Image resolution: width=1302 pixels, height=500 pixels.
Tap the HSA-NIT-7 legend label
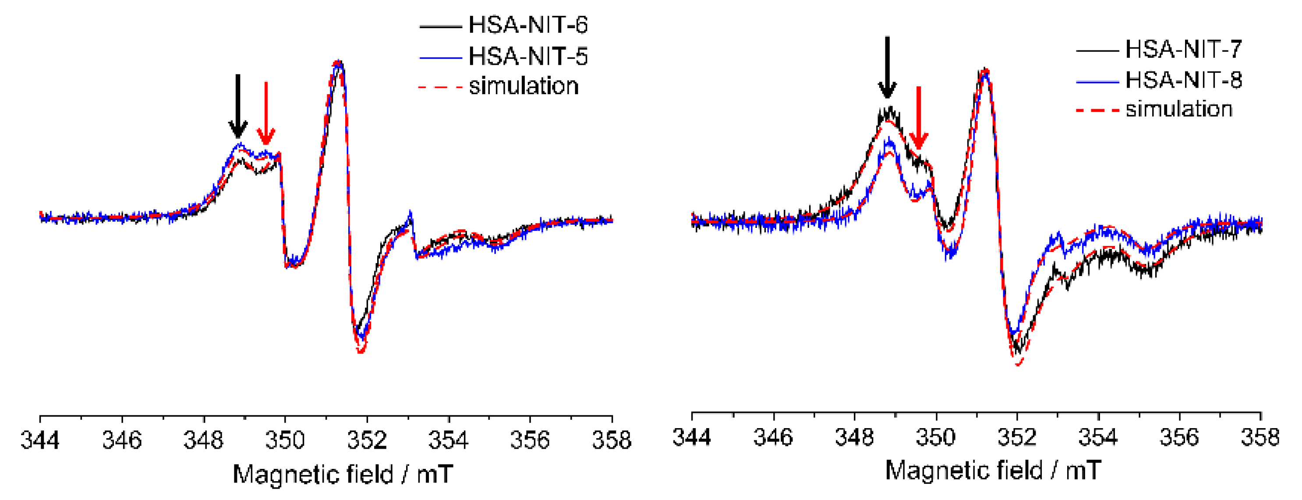pyautogui.click(x=1183, y=49)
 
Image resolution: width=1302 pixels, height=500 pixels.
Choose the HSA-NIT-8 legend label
pyautogui.click(x=1183, y=80)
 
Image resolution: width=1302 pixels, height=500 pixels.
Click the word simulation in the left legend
pyautogui.click(x=524, y=86)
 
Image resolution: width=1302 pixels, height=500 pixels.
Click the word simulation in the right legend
pyautogui.click(x=1178, y=109)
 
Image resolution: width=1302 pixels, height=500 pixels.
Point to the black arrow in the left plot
pyautogui.click(x=237, y=106)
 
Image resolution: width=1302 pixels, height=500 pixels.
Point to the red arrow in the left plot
pyautogui.click(x=266, y=114)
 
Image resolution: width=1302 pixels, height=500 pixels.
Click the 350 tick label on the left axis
pyautogui.click(x=285, y=440)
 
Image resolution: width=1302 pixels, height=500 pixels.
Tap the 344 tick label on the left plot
pyautogui.click(x=40, y=440)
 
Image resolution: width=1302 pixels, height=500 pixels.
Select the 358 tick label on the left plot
pyautogui.click(x=612, y=440)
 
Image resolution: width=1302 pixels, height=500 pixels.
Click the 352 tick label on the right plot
pyautogui.click(x=1017, y=437)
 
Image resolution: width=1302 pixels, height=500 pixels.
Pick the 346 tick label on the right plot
pyautogui.click(x=773, y=437)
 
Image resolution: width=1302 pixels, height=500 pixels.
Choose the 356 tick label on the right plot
pyautogui.click(x=1179, y=437)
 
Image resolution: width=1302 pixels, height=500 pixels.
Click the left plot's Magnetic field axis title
pyautogui.click(x=343, y=474)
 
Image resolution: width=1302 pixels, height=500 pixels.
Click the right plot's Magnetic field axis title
pyautogui.click(x=993, y=471)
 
